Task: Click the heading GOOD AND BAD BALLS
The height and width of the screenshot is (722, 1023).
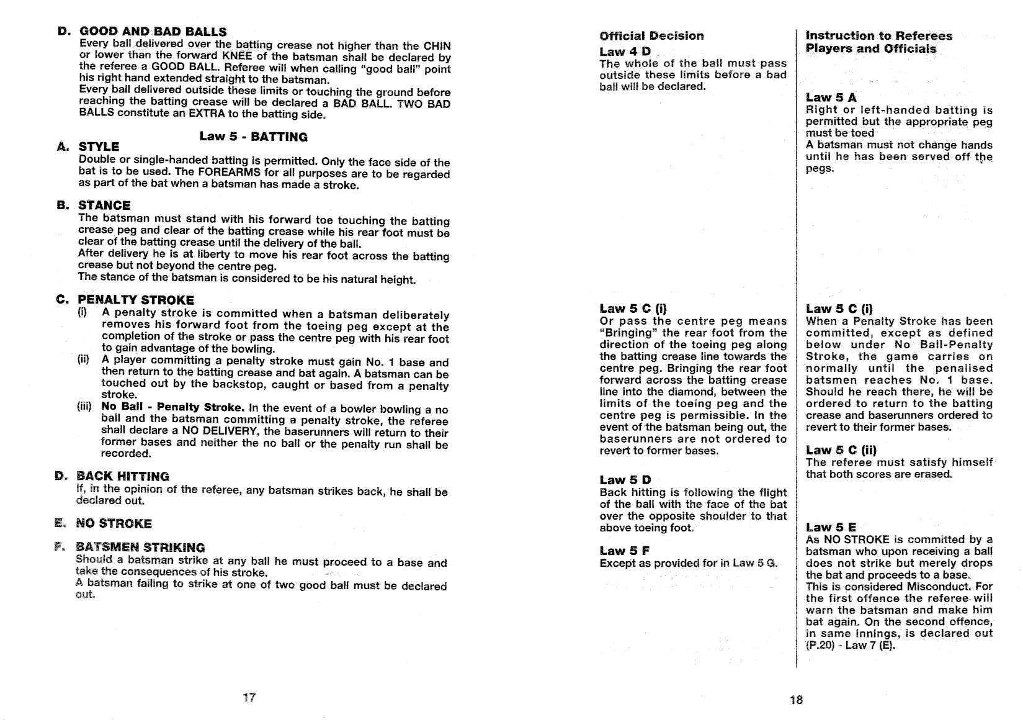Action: (152, 32)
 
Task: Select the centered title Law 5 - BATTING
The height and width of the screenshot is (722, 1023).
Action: (253, 137)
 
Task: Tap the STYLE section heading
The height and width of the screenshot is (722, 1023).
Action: (99, 147)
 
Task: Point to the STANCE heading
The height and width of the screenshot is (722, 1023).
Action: (104, 205)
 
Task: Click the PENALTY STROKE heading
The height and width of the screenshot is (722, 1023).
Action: (135, 300)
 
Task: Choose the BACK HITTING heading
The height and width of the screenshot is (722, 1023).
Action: (122, 477)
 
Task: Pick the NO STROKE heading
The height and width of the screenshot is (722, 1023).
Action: (114, 524)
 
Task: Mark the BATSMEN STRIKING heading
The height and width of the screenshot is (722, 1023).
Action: (140, 548)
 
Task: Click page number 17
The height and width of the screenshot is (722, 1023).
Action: (249, 697)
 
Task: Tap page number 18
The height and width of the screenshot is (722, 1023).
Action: (796, 700)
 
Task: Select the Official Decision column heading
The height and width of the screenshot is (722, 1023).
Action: (651, 36)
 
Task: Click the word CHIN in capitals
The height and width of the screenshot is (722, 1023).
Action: (437, 46)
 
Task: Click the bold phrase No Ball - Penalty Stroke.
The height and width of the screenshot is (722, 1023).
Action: (173, 407)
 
